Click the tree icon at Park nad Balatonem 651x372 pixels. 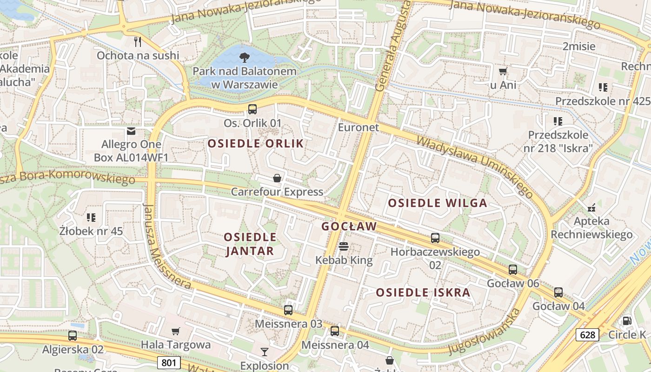pos(244,58)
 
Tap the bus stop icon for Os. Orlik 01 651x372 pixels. pos(252,109)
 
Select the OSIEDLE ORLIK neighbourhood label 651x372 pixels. pos(255,143)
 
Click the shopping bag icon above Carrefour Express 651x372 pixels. pos(277,178)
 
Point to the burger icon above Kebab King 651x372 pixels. pos(344,246)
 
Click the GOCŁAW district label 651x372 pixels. pos(349,226)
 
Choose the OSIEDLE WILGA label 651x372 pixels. pos(437,203)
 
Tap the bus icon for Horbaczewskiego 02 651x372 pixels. pos(435,238)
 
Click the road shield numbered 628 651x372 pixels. pos(587,334)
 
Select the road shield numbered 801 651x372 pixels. pos(168,363)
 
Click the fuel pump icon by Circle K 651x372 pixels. pos(627,320)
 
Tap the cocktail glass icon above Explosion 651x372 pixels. pos(265,352)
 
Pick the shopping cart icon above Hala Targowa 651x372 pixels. pos(175,332)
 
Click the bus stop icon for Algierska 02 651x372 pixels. pos(73,335)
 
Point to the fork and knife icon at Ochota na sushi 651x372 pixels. pos(138,42)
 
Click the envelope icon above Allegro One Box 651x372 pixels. pos(131,131)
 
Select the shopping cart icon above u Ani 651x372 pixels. pos(503,72)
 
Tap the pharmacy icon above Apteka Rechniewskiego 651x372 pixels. pos(591,207)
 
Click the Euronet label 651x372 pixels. pos(358,127)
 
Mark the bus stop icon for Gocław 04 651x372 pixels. pos(558,292)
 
